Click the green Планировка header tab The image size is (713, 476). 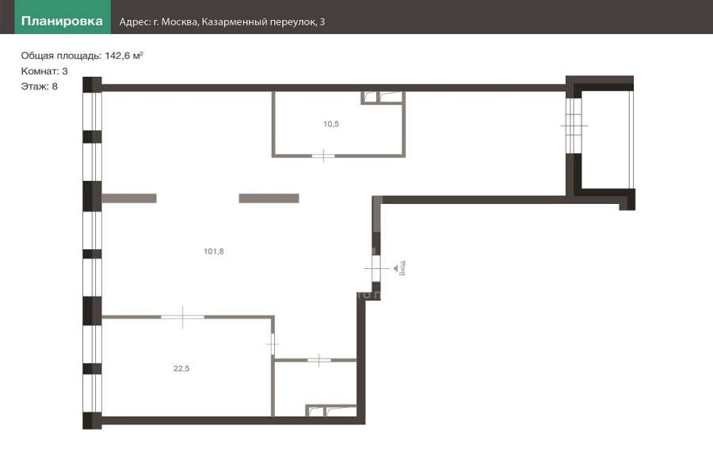(63, 17)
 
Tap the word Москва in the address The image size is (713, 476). (179, 22)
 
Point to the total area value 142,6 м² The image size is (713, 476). (124, 56)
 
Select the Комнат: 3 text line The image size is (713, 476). (44, 71)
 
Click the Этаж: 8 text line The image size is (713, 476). (39, 86)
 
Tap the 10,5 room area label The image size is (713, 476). (331, 124)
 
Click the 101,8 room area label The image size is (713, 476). (214, 251)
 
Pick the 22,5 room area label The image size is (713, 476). (181, 368)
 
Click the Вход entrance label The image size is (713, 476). (402, 268)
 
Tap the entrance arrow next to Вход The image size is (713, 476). (396, 268)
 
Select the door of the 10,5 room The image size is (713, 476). (323, 155)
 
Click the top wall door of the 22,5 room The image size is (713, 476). (183, 317)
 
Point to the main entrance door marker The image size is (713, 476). (376, 268)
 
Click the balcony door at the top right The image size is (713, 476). (574, 125)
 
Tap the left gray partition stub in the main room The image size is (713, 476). (129, 198)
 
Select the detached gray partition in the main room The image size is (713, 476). (269, 198)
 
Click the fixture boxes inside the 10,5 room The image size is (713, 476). (382, 98)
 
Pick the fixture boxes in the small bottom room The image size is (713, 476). (331, 411)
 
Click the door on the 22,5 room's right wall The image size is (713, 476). (273, 344)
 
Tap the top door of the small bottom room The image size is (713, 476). (319, 360)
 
